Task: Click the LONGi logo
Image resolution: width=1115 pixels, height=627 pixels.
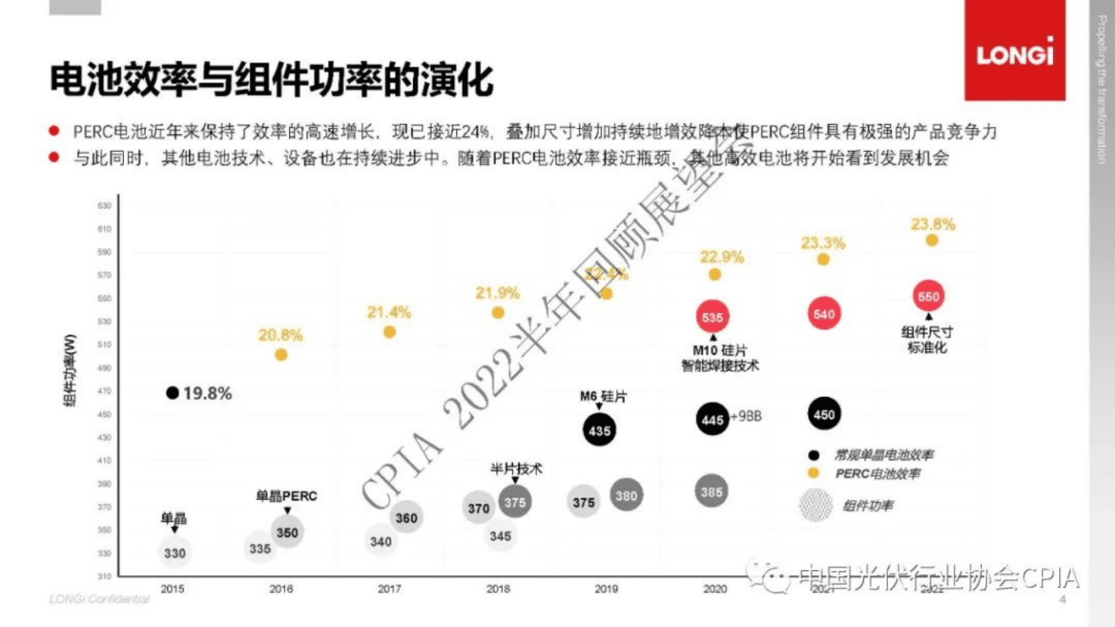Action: point(1014,56)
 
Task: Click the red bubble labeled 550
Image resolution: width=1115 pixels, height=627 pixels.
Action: point(928,297)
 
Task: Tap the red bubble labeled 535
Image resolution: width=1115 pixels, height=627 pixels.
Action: point(712,317)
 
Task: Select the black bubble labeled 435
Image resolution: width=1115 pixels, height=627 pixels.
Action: point(599,430)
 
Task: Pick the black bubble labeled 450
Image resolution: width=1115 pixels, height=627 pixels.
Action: point(824,415)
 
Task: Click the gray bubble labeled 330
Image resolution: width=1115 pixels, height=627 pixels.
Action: point(174,553)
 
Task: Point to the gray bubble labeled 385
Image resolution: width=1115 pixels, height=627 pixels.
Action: point(711,491)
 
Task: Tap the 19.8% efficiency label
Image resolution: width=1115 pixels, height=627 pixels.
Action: point(207,394)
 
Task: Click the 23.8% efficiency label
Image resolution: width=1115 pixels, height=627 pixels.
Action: point(932,224)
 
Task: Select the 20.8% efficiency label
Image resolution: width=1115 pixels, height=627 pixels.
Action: point(280,336)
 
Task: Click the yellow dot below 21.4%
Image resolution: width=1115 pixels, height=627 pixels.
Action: point(390,332)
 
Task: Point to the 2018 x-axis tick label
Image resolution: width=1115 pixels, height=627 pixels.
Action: point(497,589)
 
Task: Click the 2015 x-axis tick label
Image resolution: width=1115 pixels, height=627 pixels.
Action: point(172,589)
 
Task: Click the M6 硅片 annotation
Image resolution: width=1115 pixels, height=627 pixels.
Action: point(603,397)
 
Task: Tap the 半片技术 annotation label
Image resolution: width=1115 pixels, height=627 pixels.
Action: point(516,469)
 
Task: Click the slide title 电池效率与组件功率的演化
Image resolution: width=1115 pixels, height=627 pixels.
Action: point(271,81)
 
